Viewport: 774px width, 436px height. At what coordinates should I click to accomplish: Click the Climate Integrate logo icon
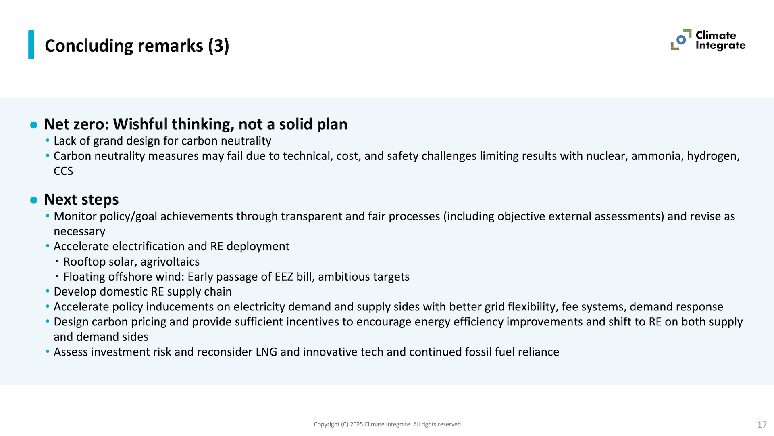click(681, 40)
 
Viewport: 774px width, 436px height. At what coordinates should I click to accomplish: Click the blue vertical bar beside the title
click(31, 45)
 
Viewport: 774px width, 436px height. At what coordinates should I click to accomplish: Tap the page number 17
click(762, 425)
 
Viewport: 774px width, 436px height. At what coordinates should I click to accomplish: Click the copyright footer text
click(387, 424)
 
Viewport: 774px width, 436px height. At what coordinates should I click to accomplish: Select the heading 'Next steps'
click(81, 199)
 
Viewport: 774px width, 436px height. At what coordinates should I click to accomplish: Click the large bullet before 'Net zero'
click(34, 125)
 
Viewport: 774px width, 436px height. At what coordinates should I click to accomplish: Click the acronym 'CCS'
click(63, 171)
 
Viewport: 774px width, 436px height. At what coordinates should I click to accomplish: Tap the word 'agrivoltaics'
click(170, 262)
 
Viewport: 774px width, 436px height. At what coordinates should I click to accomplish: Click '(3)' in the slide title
click(218, 46)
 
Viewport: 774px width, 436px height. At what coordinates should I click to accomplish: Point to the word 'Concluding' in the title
click(89, 46)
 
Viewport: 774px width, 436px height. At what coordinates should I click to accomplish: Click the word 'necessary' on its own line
click(79, 232)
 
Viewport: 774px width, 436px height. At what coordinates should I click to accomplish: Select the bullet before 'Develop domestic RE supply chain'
click(48, 291)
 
